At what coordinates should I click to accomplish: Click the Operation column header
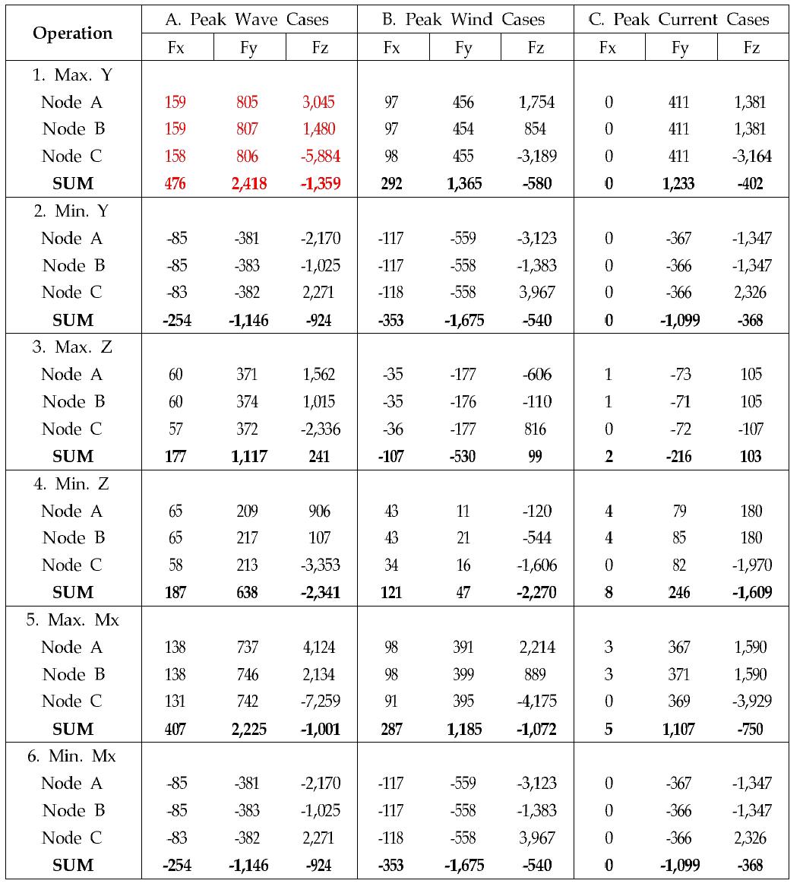click(x=73, y=33)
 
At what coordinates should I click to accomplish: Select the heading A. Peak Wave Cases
click(x=248, y=20)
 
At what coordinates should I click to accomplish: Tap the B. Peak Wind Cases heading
click(x=464, y=20)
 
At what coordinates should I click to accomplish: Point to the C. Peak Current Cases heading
click(x=680, y=20)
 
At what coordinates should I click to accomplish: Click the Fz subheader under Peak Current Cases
click(x=751, y=48)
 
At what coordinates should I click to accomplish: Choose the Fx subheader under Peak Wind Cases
click(x=391, y=48)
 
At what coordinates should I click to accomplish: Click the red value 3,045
click(x=319, y=102)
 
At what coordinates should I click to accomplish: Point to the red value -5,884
click(x=318, y=157)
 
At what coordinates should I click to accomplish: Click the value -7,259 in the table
click(x=318, y=702)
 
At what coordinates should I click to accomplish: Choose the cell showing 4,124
click(x=319, y=648)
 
